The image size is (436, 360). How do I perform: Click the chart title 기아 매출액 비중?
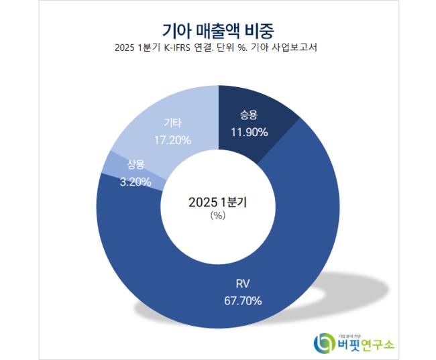point(218,30)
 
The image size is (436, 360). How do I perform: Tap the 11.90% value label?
point(250,132)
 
